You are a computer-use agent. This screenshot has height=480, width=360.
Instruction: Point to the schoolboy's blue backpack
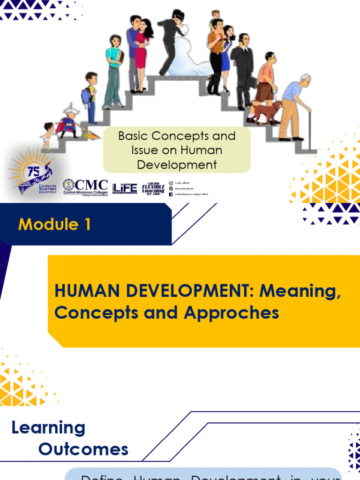(86, 96)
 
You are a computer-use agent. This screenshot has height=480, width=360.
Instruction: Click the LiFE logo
(125, 187)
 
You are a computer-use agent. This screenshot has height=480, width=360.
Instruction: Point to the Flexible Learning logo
(153, 187)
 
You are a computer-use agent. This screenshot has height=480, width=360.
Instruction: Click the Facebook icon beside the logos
(171, 194)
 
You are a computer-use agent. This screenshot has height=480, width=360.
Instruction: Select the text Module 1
(54, 225)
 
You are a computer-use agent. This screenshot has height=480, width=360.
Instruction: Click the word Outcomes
(83, 449)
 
